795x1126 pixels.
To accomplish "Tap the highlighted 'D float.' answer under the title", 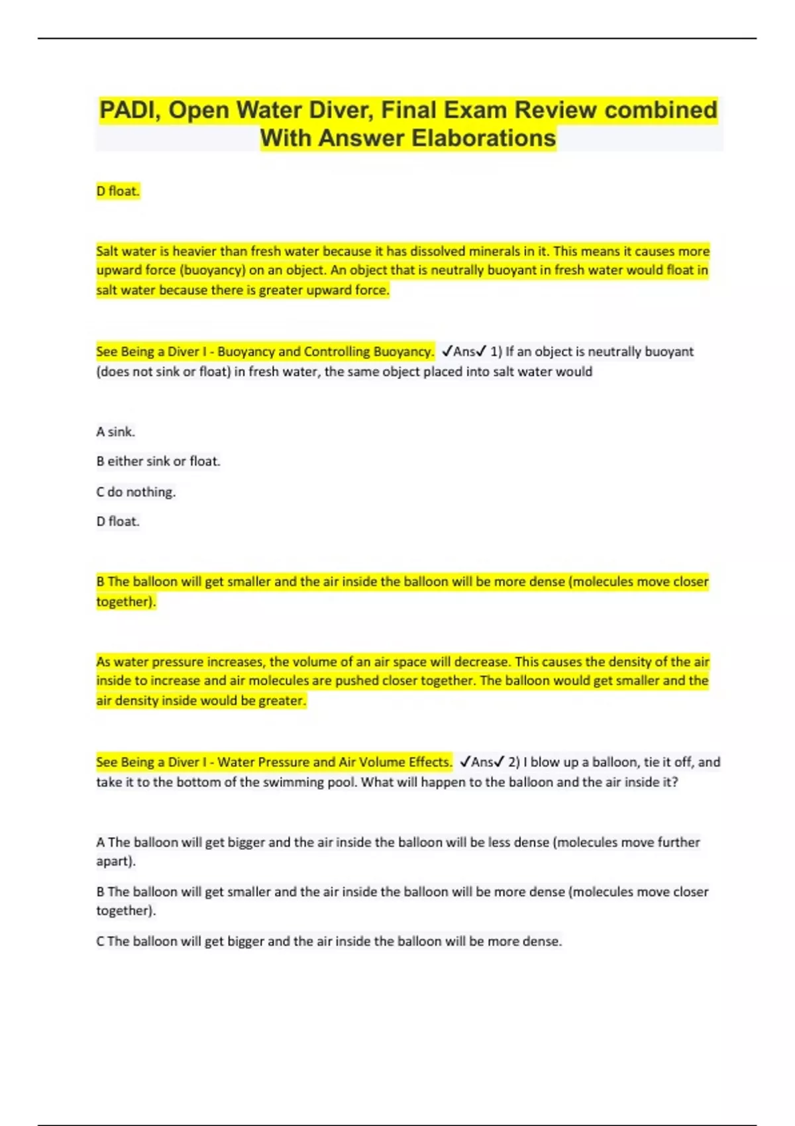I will coord(118,191).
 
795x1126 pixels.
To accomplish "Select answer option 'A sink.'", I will coord(115,432).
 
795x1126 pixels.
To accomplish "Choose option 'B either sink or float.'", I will coord(158,461).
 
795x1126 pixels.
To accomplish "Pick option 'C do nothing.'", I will coord(136,491).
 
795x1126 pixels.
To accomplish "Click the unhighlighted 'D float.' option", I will coord(118,521).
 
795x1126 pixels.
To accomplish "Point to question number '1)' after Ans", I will coord(496,352).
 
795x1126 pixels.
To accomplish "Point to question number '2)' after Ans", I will coord(514,762).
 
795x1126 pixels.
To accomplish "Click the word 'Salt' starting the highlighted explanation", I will coord(107,251).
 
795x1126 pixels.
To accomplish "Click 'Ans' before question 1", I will coord(464,352).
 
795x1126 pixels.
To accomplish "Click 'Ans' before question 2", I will coord(482,762).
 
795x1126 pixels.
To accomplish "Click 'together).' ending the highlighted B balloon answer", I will coord(126,601).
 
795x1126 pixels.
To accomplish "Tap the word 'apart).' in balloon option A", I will coord(116,861).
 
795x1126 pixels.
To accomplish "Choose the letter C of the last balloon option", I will coord(100,941).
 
